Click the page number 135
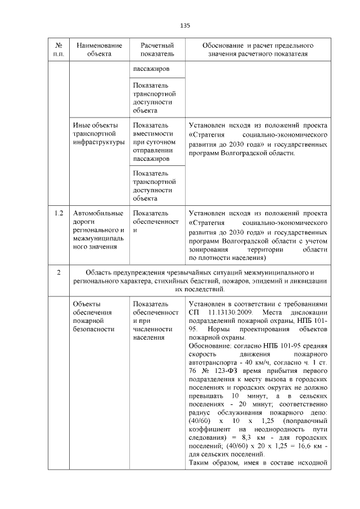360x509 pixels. tap(185, 25)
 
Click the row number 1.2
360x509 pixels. tap(58, 213)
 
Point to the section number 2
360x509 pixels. tap(58, 273)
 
